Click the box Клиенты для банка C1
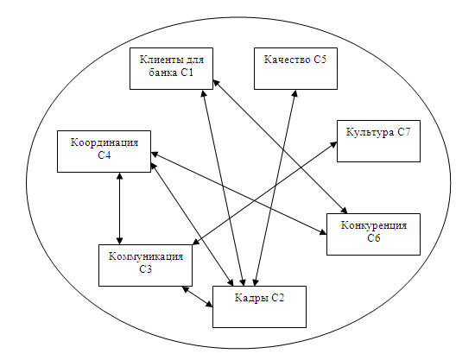172,68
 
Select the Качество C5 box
295,68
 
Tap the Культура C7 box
378,141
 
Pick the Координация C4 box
104,151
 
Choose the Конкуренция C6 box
373,234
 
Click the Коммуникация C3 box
145,265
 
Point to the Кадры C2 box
259,306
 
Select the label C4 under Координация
104,155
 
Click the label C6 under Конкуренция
374,238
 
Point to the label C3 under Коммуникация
146,269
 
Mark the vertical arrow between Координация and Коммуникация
120,208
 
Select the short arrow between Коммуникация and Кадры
197,297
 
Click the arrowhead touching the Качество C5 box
294,93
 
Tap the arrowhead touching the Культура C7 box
332,145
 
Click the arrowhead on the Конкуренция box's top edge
344,210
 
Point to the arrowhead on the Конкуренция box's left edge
323,232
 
